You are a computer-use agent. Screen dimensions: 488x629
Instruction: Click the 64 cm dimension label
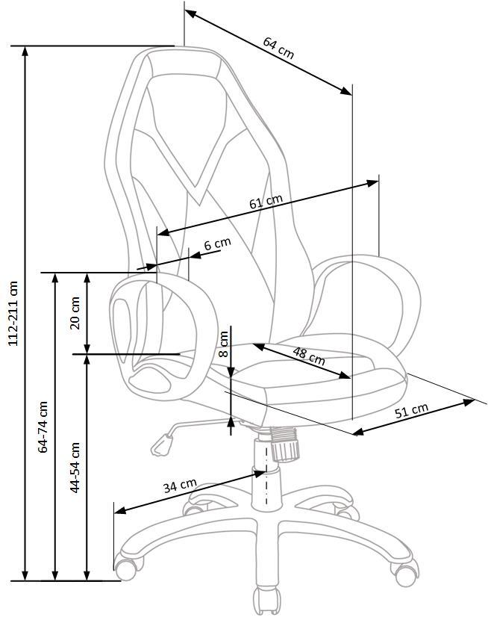click(x=278, y=48)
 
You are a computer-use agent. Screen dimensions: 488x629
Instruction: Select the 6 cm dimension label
click(x=218, y=244)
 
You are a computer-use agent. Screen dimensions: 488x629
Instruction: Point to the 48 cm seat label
click(x=308, y=356)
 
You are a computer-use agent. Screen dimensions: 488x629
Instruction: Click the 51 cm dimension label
click(x=411, y=411)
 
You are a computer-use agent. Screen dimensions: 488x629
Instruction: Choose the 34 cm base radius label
click(x=180, y=486)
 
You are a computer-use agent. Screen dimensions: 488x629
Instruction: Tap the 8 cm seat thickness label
click(x=224, y=344)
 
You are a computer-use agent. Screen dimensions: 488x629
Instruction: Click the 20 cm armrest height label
click(x=75, y=313)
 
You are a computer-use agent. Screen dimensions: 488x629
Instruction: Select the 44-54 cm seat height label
click(x=75, y=468)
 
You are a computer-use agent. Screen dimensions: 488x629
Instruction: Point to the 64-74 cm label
click(x=43, y=427)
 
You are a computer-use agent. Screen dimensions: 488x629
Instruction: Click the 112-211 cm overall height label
click(x=13, y=313)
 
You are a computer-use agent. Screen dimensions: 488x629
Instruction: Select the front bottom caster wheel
click(x=266, y=601)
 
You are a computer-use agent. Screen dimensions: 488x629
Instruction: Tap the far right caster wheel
click(x=405, y=574)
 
